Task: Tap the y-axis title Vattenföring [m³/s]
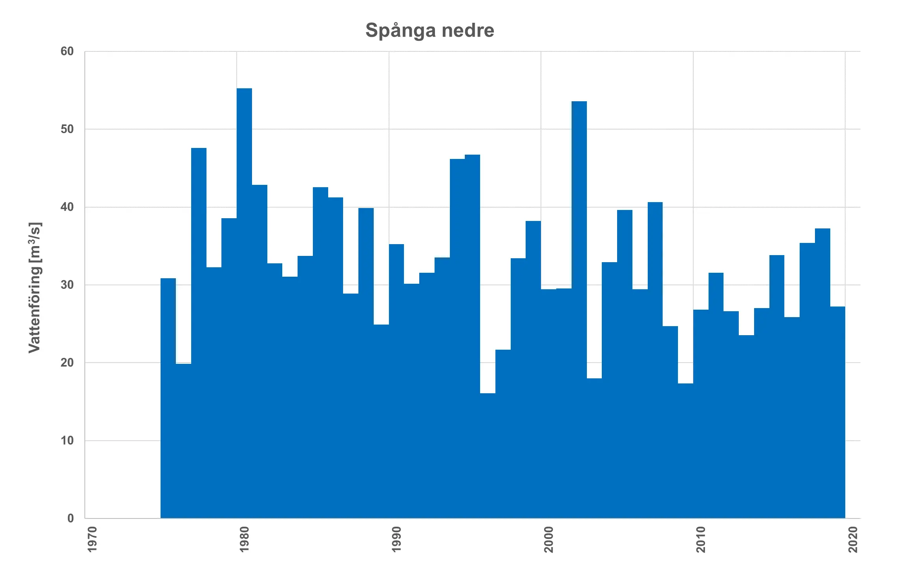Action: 35,288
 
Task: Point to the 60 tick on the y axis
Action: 67,51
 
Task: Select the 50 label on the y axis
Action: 67,129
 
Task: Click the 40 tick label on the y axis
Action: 67,207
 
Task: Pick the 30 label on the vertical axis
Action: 67,285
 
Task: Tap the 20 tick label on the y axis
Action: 67,363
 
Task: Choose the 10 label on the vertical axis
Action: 67,440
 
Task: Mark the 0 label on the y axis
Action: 71,518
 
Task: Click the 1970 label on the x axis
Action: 92,540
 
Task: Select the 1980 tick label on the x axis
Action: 244,540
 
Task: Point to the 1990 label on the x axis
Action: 396,540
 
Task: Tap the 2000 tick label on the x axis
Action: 548,540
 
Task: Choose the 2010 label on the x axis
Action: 701,540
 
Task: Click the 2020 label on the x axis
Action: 853,540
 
